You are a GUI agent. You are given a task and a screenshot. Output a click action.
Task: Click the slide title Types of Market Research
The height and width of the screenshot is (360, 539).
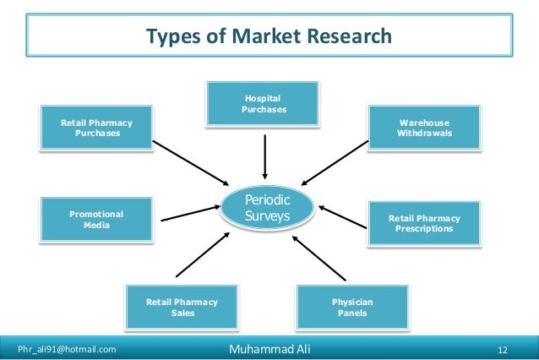pyautogui.click(x=269, y=36)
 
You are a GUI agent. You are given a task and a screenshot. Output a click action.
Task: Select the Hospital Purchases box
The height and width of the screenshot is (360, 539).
pyautogui.click(x=264, y=104)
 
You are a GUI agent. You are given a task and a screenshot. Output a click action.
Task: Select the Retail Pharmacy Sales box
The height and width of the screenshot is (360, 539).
pyautogui.click(x=182, y=307)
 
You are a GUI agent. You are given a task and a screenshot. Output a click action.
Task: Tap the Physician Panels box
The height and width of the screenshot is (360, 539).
pyautogui.click(x=352, y=307)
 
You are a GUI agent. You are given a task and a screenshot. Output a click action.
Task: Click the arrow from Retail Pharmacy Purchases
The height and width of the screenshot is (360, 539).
pyautogui.click(x=193, y=161)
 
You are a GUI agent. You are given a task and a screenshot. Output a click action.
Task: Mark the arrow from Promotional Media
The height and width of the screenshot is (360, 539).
pyautogui.click(x=188, y=215)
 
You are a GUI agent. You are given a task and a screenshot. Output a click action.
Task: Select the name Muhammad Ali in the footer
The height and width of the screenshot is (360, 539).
pyautogui.click(x=269, y=348)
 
